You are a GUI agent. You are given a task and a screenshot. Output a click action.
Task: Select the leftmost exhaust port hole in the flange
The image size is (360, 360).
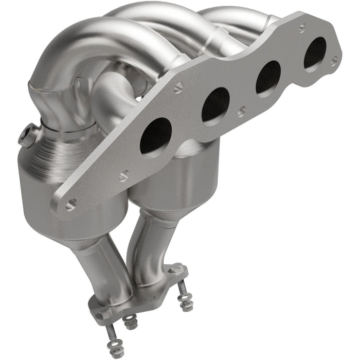(x=155, y=135)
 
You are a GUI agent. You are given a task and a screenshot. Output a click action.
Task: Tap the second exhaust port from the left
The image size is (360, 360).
(x=215, y=105)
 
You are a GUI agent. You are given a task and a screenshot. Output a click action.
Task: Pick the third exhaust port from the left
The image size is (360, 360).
(x=268, y=77)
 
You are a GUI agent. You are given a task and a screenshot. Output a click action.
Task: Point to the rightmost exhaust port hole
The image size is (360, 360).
(x=314, y=53)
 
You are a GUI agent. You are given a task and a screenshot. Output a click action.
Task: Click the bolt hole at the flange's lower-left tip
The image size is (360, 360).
(x=70, y=204)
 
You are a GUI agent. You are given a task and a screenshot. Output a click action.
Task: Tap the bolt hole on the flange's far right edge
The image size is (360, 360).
(x=334, y=61)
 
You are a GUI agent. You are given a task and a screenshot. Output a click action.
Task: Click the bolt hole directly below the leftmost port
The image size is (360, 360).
(x=124, y=176)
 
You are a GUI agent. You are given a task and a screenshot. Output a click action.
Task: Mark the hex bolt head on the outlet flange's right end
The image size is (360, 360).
(x=176, y=268)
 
